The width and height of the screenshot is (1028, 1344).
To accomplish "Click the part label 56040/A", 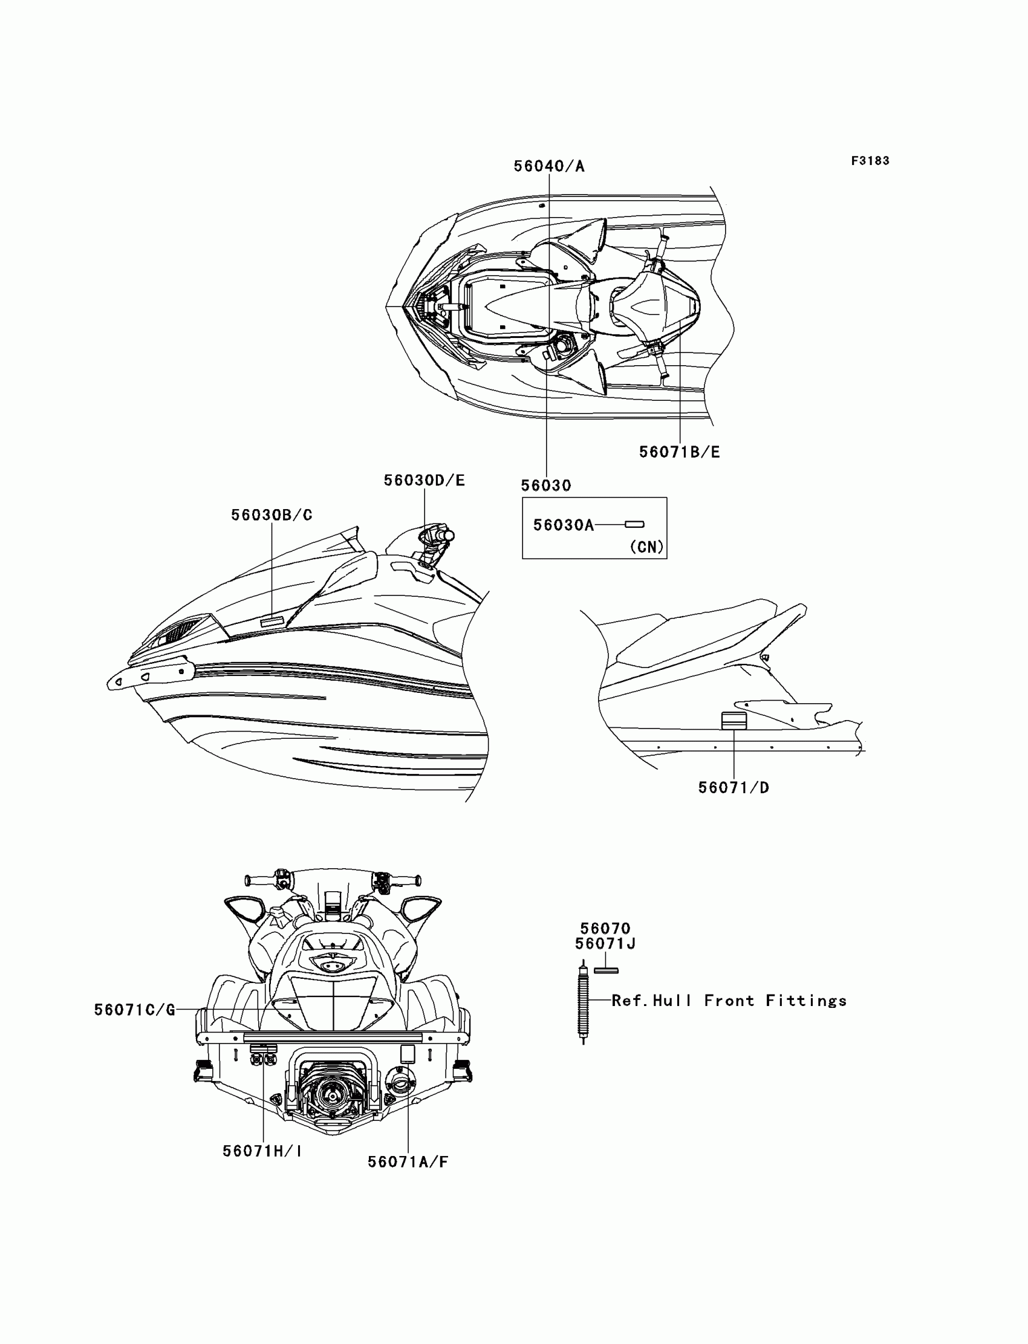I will [x=549, y=166].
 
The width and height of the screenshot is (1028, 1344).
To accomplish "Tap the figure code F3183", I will [x=870, y=161].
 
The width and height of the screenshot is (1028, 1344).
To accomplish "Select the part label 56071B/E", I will [x=679, y=452].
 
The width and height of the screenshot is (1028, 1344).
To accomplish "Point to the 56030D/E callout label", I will [x=424, y=481].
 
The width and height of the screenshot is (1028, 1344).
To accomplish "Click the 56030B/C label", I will [x=271, y=515].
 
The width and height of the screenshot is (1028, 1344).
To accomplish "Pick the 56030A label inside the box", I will [x=563, y=525].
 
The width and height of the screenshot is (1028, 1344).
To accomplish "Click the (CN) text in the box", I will [x=646, y=547].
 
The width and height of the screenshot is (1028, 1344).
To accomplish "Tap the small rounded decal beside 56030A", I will [x=634, y=524].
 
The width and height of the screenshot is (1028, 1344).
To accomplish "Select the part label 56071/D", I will [x=733, y=788].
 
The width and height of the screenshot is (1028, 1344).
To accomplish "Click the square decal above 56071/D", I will [x=734, y=721].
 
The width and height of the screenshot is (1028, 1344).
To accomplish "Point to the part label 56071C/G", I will [x=135, y=1010].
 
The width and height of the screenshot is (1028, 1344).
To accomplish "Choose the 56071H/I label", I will [x=262, y=1151].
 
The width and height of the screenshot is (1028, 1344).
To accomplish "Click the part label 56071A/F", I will [x=408, y=1161].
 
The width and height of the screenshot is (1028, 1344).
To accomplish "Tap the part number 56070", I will [x=605, y=928].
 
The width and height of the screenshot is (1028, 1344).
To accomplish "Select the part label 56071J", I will [x=605, y=944].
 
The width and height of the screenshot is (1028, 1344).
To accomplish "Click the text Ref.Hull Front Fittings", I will [x=729, y=1001].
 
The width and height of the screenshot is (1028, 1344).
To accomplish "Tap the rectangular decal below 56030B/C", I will [x=272, y=621].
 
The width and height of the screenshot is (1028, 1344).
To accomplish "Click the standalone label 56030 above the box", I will [x=546, y=485].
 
